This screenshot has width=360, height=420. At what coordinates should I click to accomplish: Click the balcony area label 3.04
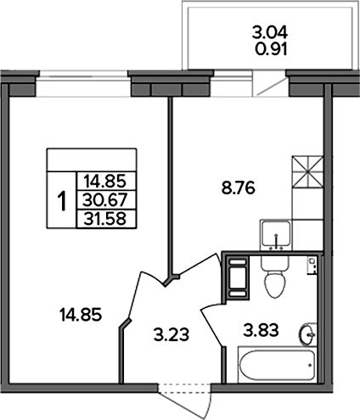[270, 32]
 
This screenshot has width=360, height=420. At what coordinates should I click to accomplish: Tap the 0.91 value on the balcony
[271, 49]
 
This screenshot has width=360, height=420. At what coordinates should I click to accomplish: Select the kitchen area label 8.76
[239, 188]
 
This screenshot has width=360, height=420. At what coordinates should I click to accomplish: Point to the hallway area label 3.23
[172, 335]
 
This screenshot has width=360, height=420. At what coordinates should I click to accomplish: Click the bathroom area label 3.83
[261, 330]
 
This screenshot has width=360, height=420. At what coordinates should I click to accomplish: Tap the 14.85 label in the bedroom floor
[81, 315]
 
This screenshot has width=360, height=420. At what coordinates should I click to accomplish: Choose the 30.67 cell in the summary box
[105, 200]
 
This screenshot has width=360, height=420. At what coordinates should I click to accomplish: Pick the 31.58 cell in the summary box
[105, 219]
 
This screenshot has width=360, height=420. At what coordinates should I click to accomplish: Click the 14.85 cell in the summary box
[105, 182]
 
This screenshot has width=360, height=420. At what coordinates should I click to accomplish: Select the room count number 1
[62, 201]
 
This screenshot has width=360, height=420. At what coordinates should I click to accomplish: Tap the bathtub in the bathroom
[278, 365]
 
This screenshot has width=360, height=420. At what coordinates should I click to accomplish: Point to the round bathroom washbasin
[307, 334]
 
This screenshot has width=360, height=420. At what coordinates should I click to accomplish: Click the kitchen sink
[276, 234]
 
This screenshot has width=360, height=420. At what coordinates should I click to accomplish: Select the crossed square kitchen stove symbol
[307, 172]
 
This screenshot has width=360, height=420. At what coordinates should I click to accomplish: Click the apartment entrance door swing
[184, 401]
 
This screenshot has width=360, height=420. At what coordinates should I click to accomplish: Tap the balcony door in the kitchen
[270, 83]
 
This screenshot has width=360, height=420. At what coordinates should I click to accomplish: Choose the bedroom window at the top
[84, 84]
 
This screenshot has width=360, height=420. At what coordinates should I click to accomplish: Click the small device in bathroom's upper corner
[312, 266]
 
